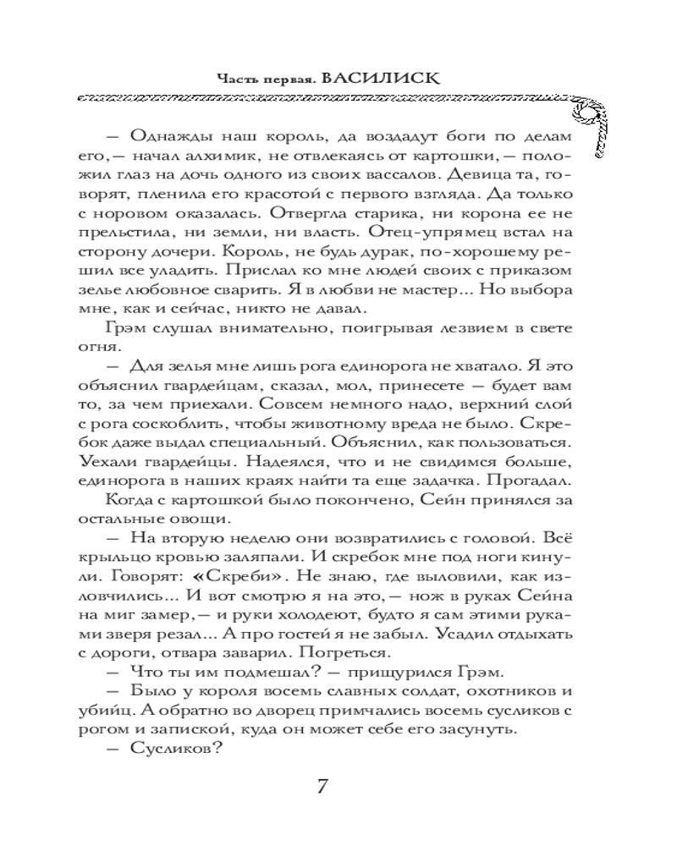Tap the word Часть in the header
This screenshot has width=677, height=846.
(234, 79)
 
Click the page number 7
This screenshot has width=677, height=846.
(322, 784)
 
